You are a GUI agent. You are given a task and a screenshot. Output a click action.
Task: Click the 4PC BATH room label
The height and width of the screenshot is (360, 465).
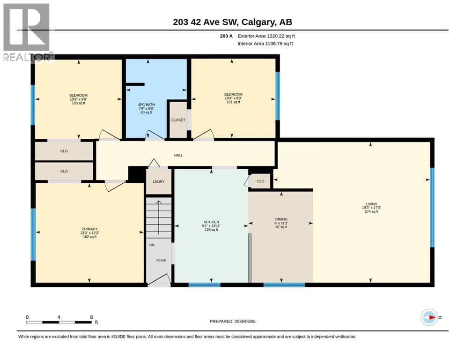click(x=146, y=105)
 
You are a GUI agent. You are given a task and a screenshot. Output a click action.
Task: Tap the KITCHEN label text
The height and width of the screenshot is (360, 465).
click(x=211, y=222)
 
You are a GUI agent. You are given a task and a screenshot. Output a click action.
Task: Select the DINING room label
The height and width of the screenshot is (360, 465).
click(x=281, y=219)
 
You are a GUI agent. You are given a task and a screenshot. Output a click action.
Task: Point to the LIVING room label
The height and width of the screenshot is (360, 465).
click(x=371, y=204)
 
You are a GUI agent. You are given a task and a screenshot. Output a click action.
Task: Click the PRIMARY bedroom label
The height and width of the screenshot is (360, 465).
click(x=89, y=229)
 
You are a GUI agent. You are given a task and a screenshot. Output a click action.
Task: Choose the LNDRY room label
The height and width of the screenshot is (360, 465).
click(x=159, y=181)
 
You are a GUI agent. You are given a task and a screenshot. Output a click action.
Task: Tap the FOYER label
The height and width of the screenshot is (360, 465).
click(x=162, y=260)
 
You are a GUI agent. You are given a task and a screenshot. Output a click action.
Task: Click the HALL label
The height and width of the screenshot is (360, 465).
click(x=178, y=155)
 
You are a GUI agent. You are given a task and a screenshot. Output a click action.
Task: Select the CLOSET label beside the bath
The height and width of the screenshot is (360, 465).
click(x=178, y=120)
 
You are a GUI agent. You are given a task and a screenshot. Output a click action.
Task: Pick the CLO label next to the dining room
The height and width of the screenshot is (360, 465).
click(x=261, y=181)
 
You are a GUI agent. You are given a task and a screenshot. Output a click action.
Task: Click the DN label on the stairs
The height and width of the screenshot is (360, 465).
click(x=152, y=245)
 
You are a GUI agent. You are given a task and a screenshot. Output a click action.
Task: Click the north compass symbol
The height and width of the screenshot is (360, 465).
click(x=429, y=317)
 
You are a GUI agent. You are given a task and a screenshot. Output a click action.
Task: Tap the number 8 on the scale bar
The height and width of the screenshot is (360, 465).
click(x=91, y=317)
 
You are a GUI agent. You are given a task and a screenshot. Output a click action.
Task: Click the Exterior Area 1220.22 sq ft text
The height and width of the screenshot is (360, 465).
click(x=266, y=36)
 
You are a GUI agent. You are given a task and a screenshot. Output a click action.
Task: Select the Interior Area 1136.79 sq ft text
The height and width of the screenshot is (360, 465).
click(x=265, y=44)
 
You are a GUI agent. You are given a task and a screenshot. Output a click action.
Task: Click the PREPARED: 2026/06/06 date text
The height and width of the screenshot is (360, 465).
click(x=232, y=321)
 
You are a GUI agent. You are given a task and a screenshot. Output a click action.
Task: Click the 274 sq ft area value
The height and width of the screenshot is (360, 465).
click(x=372, y=211)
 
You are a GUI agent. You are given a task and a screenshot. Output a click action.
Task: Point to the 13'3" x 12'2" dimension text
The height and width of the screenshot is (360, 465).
click(x=89, y=233)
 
